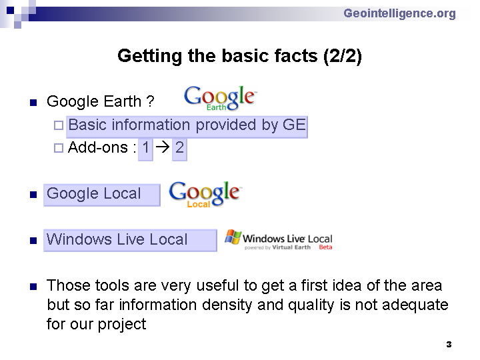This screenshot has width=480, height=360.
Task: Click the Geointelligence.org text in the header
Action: click(399, 13)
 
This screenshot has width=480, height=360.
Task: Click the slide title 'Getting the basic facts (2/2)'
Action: click(240, 56)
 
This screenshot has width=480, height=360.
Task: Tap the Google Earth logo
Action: click(221, 98)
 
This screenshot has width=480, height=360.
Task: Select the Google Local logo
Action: click(205, 194)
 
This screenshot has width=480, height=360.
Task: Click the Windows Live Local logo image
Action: click(279, 240)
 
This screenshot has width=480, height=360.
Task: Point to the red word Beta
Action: click(325, 247)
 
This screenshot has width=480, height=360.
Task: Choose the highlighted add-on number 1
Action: click(145, 149)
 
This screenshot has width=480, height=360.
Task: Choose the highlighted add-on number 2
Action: click(179, 149)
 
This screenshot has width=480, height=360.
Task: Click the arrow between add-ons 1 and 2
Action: click(163, 147)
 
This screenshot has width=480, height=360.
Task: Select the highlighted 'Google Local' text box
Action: click(102, 195)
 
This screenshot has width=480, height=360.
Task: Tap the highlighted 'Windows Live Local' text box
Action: click(130, 240)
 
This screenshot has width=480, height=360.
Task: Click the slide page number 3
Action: click(449, 345)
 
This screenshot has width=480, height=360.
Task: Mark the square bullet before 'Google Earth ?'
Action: click(33, 102)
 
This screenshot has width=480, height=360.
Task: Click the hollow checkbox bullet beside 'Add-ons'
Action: click(59, 148)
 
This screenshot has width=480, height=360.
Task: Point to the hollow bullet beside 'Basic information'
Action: click(59, 125)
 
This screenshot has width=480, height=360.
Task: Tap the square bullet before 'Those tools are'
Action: click(33, 287)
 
